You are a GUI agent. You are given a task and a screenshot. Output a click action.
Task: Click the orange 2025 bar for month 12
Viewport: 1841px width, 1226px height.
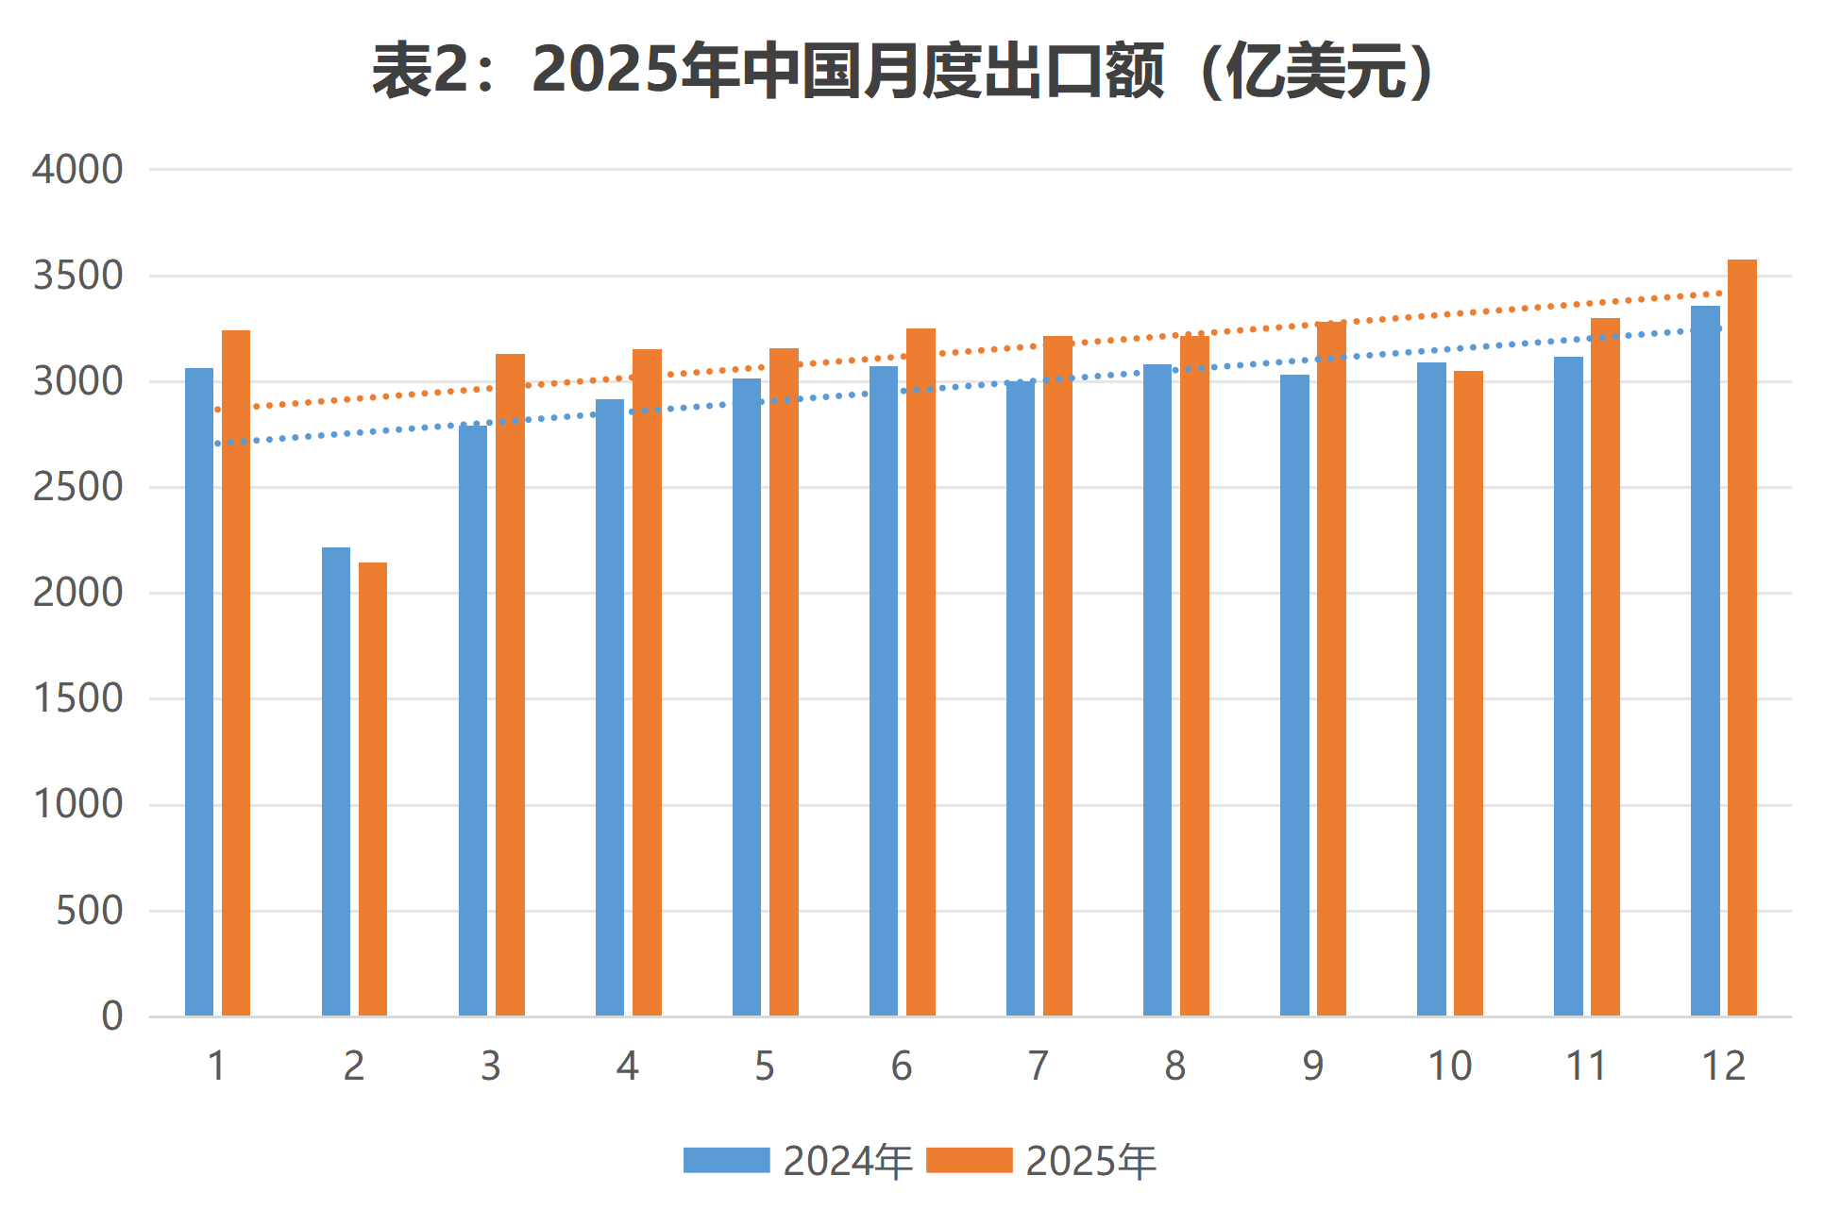pyautogui.click(x=1742, y=638)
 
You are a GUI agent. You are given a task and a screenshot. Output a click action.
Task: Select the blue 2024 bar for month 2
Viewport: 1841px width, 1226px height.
pyautogui.click(x=336, y=781)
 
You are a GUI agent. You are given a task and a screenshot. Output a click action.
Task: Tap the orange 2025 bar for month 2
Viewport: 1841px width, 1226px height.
pyautogui.click(x=373, y=789)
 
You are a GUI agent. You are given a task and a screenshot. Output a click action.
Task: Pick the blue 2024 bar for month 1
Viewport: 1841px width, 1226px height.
pyautogui.click(x=199, y=692)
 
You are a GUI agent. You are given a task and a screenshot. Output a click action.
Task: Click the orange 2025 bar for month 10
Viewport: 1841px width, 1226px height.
pyautogui.click(x=1468, y=694)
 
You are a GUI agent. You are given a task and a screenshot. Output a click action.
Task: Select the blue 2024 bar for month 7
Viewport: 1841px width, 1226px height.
pyautogui.click(x=1021, y=698)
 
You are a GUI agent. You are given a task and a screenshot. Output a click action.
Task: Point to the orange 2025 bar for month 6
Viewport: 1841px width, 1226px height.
pyautogui.click(x=920, y=672)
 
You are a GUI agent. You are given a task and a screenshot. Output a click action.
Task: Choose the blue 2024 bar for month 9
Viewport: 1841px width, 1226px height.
pyautogui.click(x=1294, y=696)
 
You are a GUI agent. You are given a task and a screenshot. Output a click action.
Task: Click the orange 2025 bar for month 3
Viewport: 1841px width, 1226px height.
pyautogui.click(x=510, y=685)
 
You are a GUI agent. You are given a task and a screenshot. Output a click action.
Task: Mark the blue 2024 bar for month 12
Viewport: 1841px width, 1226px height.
pyautogui.click(x=1705, y=661)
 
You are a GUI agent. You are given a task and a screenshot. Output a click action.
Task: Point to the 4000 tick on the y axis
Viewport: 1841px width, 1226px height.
pyautogui.click(x=77, y=170)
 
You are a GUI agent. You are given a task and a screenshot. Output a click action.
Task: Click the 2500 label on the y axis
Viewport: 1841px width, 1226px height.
pyautogui.click(x=77, y=488)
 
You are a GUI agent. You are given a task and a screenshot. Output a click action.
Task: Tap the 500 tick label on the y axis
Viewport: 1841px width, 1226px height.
pyautogui.click(x=89, y=912)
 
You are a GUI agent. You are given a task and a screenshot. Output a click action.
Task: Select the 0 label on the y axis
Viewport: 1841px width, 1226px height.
pyautogui.click(x=112, y=1017)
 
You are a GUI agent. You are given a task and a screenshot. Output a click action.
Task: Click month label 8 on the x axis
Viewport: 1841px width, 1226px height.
pyautogui.click(x=1175, y=1066)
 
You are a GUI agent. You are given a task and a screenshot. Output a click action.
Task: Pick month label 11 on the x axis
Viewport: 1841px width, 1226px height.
pyautogui.click(x=1586, y=1066)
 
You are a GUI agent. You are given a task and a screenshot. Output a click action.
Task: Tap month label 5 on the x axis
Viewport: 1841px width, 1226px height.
pyautogui.click(x=765, y=1066)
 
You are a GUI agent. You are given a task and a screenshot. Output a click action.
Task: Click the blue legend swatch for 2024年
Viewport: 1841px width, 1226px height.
pyautogui.click(x=726, y=1160)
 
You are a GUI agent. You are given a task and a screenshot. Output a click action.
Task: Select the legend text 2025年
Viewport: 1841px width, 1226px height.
pyautogui.click(x=1090, y=1161)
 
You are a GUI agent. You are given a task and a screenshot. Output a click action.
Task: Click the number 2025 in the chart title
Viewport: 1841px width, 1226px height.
pyautogui.click(x=604, y=71)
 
